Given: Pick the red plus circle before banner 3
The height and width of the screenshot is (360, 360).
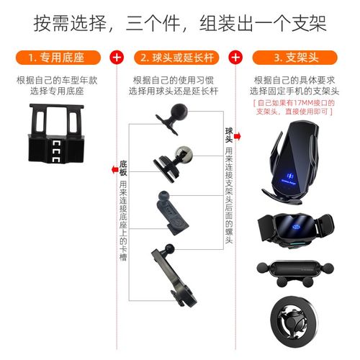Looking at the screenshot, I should pyautogui.click(x=235, y=56).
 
